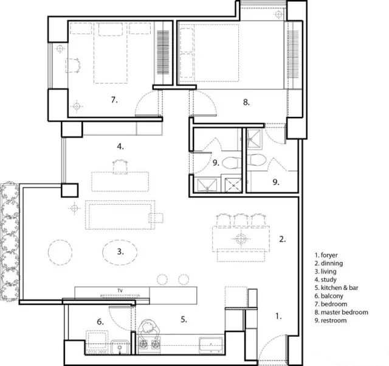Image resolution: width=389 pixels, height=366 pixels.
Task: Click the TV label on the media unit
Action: click(120, 290)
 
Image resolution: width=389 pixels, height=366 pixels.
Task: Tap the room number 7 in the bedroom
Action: click(114, 100)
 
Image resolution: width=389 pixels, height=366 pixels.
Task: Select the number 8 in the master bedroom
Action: click(246, 102)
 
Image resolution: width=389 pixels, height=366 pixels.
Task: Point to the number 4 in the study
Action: click(120, 147)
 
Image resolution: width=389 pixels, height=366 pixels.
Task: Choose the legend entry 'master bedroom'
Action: click(345, 312)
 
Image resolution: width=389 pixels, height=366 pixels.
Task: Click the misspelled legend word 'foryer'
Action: click(329, 255)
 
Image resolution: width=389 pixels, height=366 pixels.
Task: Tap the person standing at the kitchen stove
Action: click(149, 329)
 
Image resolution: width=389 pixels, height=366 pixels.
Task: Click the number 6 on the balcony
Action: click(100, 322)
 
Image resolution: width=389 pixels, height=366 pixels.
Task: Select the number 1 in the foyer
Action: click(278, 316)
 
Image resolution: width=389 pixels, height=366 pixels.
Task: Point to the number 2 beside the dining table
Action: click(282, 239)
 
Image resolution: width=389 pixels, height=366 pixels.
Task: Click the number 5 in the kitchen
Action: click(184, 320)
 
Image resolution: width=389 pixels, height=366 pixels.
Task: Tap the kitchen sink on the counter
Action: click(211, 345)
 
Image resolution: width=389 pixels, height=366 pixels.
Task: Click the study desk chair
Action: click(120, 167)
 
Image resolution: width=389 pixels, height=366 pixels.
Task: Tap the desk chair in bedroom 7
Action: click(73, 66)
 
